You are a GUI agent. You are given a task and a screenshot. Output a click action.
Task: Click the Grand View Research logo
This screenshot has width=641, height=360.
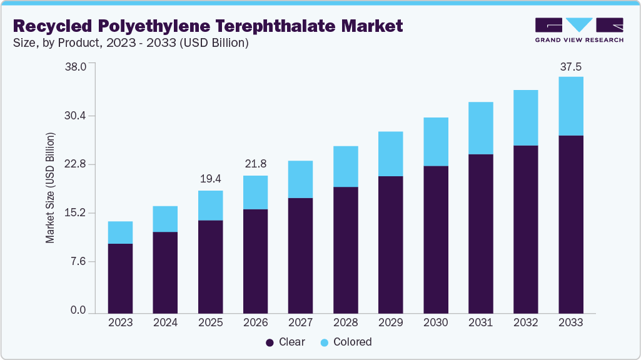pos(578,29)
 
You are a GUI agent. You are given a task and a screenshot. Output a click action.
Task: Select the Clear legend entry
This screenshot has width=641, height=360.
pos(286,342)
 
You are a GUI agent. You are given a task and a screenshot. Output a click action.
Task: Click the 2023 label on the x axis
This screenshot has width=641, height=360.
pos(120,322)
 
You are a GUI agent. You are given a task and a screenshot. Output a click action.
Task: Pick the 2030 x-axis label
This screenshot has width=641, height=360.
pos(436,322)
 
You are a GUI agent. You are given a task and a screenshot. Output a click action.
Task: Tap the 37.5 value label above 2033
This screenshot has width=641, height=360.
pos(571,66)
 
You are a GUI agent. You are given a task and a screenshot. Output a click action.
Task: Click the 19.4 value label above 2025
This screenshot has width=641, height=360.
pos(210,179)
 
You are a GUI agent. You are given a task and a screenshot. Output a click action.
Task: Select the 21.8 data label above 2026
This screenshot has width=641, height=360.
pos(255,164)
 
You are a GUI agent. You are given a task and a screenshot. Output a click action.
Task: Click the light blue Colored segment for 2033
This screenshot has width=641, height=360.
pos(571,106)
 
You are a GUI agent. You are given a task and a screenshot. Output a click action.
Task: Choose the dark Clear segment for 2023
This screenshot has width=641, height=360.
pos(120,278)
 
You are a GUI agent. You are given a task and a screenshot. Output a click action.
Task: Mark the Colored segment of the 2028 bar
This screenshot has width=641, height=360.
pos(345,166)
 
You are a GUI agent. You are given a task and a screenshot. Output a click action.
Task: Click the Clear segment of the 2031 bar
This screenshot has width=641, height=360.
pos(481,233)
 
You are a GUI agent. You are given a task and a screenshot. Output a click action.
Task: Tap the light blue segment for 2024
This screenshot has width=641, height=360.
pos(165,219)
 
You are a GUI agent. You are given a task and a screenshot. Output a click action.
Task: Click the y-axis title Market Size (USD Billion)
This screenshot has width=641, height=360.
pos(50,187)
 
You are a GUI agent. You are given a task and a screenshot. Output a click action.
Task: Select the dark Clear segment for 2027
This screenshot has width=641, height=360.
pos(300,255)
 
